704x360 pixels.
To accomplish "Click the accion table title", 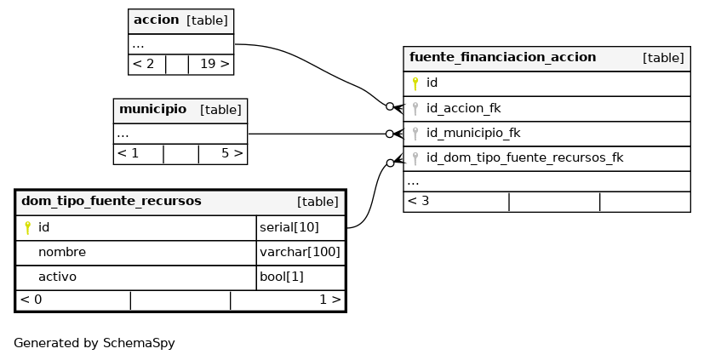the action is click(157, 20).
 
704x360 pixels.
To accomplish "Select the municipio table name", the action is click(152, 109).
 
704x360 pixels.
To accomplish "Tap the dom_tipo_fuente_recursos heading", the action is click(112, 201).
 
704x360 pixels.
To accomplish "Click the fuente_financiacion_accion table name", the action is click(502, 58).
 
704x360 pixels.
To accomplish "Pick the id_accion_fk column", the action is click(463, 108).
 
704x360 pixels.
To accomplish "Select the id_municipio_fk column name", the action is click(473, 134).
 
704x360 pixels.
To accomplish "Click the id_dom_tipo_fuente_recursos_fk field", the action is click(525, 158).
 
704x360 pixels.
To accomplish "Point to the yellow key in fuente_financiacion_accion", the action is click(415, 83).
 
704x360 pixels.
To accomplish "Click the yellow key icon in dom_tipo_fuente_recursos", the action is click(27, 227).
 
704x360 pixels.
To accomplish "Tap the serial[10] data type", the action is click(289, 227).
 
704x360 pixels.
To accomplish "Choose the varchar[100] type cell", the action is click(300, 252).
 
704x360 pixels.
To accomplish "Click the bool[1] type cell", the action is click(282, 277).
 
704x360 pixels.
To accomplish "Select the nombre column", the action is click(62, 252).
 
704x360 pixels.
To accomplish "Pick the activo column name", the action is click(58, 277).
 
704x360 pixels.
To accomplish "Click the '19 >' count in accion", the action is click(215, 64).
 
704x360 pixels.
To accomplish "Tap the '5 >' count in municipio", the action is click(232, 153).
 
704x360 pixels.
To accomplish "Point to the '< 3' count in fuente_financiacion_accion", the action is click(418, 201).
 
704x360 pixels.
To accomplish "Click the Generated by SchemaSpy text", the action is click(94, 343).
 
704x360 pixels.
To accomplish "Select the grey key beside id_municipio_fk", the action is click(415, 134).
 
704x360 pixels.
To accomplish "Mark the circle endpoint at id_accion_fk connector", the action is click(390, 106).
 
